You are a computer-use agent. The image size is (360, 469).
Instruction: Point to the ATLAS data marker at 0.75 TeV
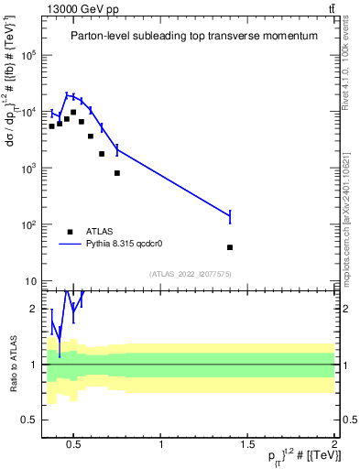click(x=117, y=173)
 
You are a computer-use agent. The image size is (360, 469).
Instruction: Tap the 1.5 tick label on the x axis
click(x=247, y=445)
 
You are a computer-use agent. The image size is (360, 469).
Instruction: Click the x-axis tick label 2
click(x=333, y=445)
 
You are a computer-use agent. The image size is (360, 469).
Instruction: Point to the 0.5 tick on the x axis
click(x=75, y=445)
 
